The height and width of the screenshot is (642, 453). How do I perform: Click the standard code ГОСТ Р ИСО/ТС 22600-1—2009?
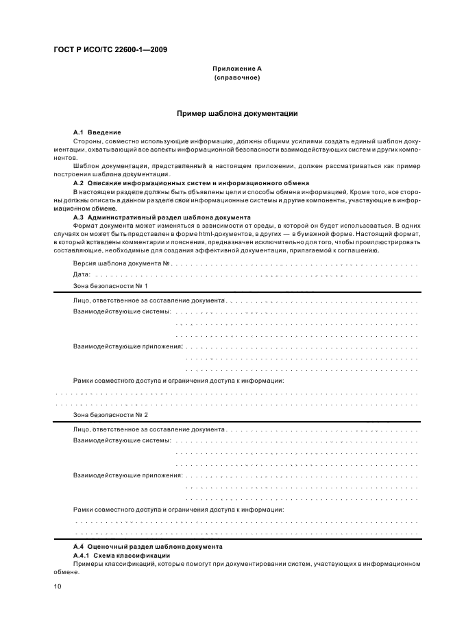[101, 49]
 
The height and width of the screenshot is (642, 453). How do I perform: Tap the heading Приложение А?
[236, 70]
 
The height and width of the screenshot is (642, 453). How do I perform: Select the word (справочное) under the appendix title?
[236, 78]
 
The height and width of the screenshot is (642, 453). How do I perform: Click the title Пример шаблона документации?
[236, 113]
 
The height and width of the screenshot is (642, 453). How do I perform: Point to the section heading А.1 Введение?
[97, 132]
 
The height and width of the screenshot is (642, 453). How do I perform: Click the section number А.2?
[78, 183]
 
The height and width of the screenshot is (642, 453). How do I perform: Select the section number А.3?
[78, 217]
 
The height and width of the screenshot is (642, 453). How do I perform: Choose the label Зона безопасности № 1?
[110, 285]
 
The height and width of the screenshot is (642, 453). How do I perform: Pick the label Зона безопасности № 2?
[110, 415]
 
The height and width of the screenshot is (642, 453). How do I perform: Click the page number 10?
[58, 586]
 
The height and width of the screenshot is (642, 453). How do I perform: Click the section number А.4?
[78, 547]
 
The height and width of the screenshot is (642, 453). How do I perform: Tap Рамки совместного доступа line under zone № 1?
[178, 379]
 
